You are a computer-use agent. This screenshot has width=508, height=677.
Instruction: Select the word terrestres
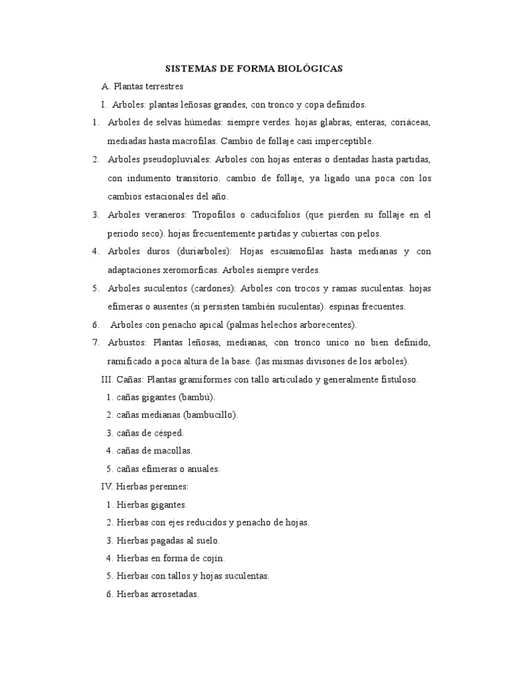coord(161,87)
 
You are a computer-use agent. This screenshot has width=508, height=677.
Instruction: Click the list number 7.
coord(95,342)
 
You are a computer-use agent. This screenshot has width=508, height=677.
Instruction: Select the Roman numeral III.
coord(106,379)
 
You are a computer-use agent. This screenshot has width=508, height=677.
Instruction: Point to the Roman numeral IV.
coord(106,487)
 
